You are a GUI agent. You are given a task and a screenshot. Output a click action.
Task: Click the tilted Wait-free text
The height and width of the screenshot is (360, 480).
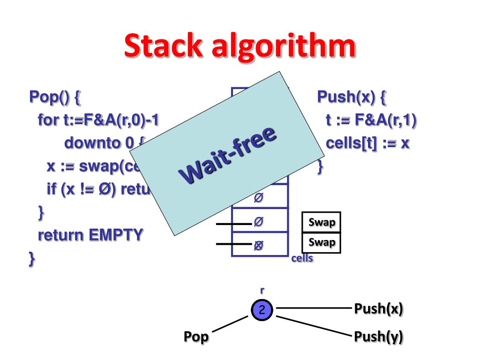click(x=228, y=155)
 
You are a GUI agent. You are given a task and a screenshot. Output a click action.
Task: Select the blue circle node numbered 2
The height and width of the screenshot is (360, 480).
click(x=262, y=309)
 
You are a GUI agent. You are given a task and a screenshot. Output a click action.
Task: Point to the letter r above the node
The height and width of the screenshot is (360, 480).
click(x=262, y=291)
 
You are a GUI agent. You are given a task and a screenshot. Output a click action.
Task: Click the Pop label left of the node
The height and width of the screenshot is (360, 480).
click(x=196, y=337)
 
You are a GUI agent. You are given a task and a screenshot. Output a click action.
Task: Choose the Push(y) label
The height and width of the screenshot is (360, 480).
click(x=378, y=337)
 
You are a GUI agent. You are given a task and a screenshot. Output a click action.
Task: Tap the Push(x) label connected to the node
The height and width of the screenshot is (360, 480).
click(x=378, y=309)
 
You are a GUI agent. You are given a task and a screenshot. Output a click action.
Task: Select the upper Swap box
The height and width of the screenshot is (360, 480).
click(x=322, y=222)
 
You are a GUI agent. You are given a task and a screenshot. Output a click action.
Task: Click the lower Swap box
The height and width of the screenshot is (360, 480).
click(x=322, y=243)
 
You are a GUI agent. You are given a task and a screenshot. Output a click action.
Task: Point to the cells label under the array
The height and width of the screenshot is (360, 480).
click(x=302, y=258)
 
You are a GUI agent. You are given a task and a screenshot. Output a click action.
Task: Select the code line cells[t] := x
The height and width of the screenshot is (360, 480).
click(x=367, y=143)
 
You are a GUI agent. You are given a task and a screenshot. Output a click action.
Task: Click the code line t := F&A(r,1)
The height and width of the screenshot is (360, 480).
click(x=371, y=120)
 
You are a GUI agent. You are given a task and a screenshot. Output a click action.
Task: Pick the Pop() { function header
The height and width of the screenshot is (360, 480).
click(x=55, y=97)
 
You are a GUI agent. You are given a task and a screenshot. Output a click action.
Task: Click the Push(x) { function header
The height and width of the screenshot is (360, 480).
click(x=352, y=97)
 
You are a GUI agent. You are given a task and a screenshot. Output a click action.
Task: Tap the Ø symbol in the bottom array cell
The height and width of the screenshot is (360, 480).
click(x=258, y=244)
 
